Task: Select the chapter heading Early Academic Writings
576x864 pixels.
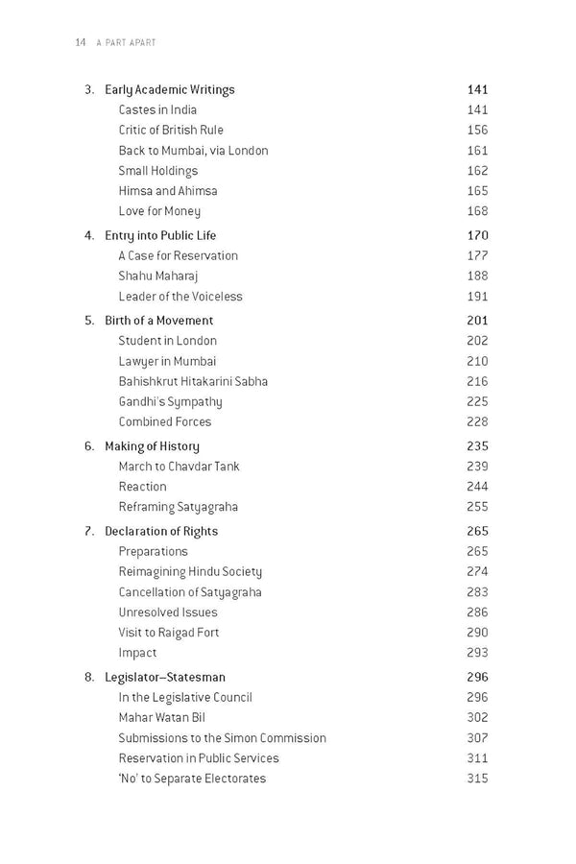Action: point(170,90)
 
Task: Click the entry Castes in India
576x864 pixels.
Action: point(157,110)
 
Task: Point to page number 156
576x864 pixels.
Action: point(477,131)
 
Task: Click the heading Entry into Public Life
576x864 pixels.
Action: point(160,235)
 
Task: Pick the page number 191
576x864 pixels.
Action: point(477,297)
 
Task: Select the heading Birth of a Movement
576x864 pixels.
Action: point(159,321)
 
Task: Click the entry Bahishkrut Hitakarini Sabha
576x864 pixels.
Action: point(193,381)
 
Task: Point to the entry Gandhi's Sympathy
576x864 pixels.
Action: point(170,401)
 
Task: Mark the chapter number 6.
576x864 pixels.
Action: point(88,446)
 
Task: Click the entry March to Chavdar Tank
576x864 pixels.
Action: point(180,467)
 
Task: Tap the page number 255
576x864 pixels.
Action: point(477,507)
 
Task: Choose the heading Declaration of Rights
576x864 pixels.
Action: point(161,532)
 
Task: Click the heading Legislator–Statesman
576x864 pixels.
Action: point(165,678)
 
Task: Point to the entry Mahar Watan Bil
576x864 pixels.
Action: point(162,718)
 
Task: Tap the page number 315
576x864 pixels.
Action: point(477,779)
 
